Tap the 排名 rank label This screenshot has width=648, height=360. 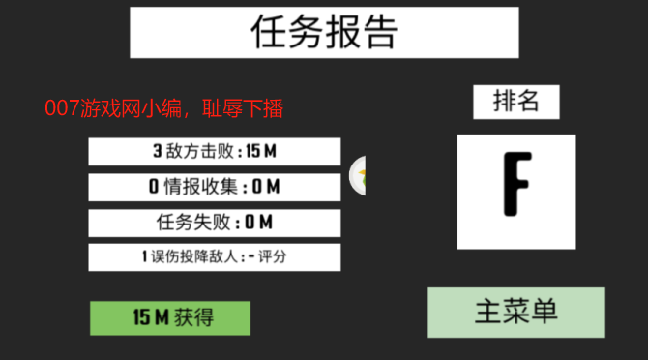click(x=515, y=102)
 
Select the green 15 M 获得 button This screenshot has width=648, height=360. click(x=170, y=317)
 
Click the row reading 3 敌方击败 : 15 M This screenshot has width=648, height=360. click(x=214, y=151)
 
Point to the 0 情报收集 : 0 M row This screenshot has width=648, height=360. click(x=214, y=187)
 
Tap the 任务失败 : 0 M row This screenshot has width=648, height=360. click(x=214, y=223)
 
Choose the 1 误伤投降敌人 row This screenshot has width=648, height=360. click(x=214, y=257)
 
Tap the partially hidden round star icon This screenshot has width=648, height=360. click(x=359, y=174)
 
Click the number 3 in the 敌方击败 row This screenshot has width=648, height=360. click(x=158, y=151)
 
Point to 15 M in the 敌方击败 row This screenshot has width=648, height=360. click(x=261, y=151)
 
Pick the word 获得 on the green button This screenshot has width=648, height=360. click(x=194, y=317)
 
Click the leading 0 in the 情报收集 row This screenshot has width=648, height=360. click(x=154, y=187)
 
